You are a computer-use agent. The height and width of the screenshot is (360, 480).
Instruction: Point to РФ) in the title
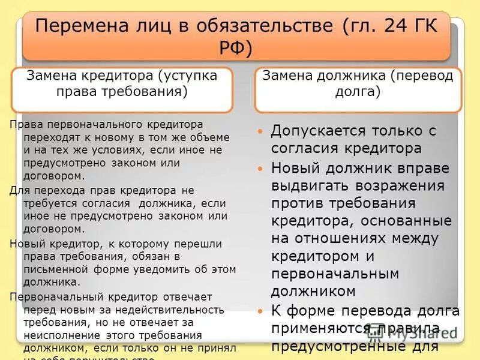click(236, 47)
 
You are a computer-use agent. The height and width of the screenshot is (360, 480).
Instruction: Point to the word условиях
click(118, 149)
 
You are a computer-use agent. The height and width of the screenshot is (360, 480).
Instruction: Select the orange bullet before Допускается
click(260, 131)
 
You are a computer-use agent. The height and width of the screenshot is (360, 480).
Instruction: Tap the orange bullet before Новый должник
click(260, 169)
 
